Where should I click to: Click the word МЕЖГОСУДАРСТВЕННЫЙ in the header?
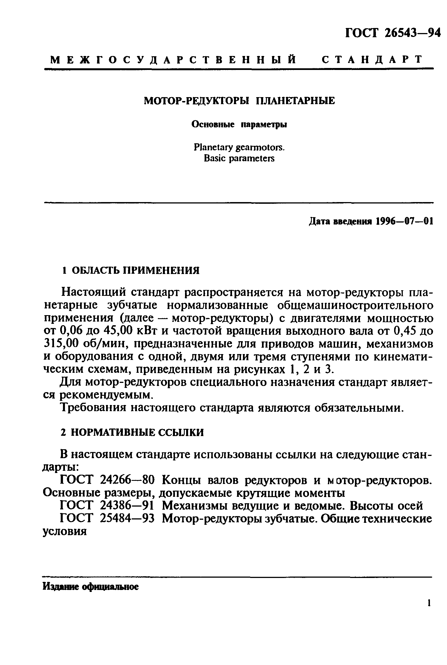point(173,60)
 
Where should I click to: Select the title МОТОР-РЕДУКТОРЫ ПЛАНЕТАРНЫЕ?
point(239,101)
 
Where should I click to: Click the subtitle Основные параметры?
point(239,125)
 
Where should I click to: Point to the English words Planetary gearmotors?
point(239,147)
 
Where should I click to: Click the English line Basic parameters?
point(239,158)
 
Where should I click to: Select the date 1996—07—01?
point(404,221)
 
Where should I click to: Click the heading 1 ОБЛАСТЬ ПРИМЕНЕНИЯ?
point(131,270)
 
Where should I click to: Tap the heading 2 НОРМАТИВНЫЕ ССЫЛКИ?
point(133,433)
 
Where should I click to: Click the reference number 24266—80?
point(127,481)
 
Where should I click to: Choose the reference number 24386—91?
point(127,506)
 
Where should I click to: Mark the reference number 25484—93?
point(127,519)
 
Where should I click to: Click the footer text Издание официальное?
point(91,587)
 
